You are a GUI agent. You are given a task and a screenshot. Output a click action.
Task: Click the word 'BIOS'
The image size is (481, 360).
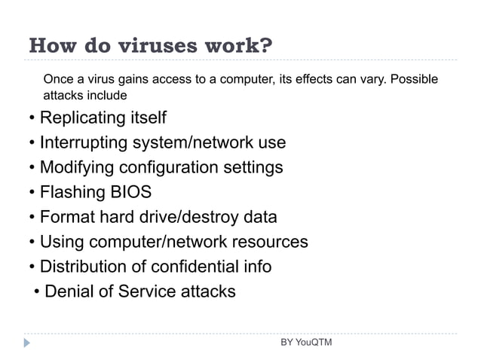(131, 191)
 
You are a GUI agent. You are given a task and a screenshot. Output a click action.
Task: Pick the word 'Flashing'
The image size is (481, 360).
(72, 191)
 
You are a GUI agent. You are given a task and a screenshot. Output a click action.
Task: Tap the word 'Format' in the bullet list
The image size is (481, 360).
(66, 217)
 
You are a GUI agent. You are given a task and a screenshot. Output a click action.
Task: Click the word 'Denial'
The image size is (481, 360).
(70, 291)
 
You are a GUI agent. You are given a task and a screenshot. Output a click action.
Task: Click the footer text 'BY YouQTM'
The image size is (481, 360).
(305, 343)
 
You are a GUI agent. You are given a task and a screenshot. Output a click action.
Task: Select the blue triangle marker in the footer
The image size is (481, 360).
(28, 343)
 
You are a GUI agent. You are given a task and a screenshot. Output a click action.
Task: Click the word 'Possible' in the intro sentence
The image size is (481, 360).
(413, 79)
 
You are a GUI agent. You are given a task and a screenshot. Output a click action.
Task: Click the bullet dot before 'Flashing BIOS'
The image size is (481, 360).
(32, 191)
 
